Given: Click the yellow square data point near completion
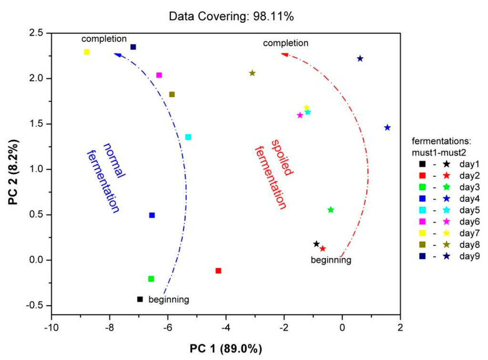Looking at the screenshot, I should point(87,52).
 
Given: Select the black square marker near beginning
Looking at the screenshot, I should point(140,299).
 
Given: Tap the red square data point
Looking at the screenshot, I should point(218,270).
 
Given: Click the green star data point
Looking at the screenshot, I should point(331,210).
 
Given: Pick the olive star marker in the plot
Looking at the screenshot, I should point(252,73).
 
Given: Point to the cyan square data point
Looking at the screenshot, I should point(188,137).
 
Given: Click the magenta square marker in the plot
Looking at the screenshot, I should point(159,75).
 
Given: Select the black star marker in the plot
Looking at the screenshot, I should point(316,244).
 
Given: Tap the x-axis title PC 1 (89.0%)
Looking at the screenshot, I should point(225,349).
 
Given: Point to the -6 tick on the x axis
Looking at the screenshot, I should point(168,329).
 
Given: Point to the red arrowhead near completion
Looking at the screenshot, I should point(285,54).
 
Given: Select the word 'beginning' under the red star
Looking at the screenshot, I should point(331,260).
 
